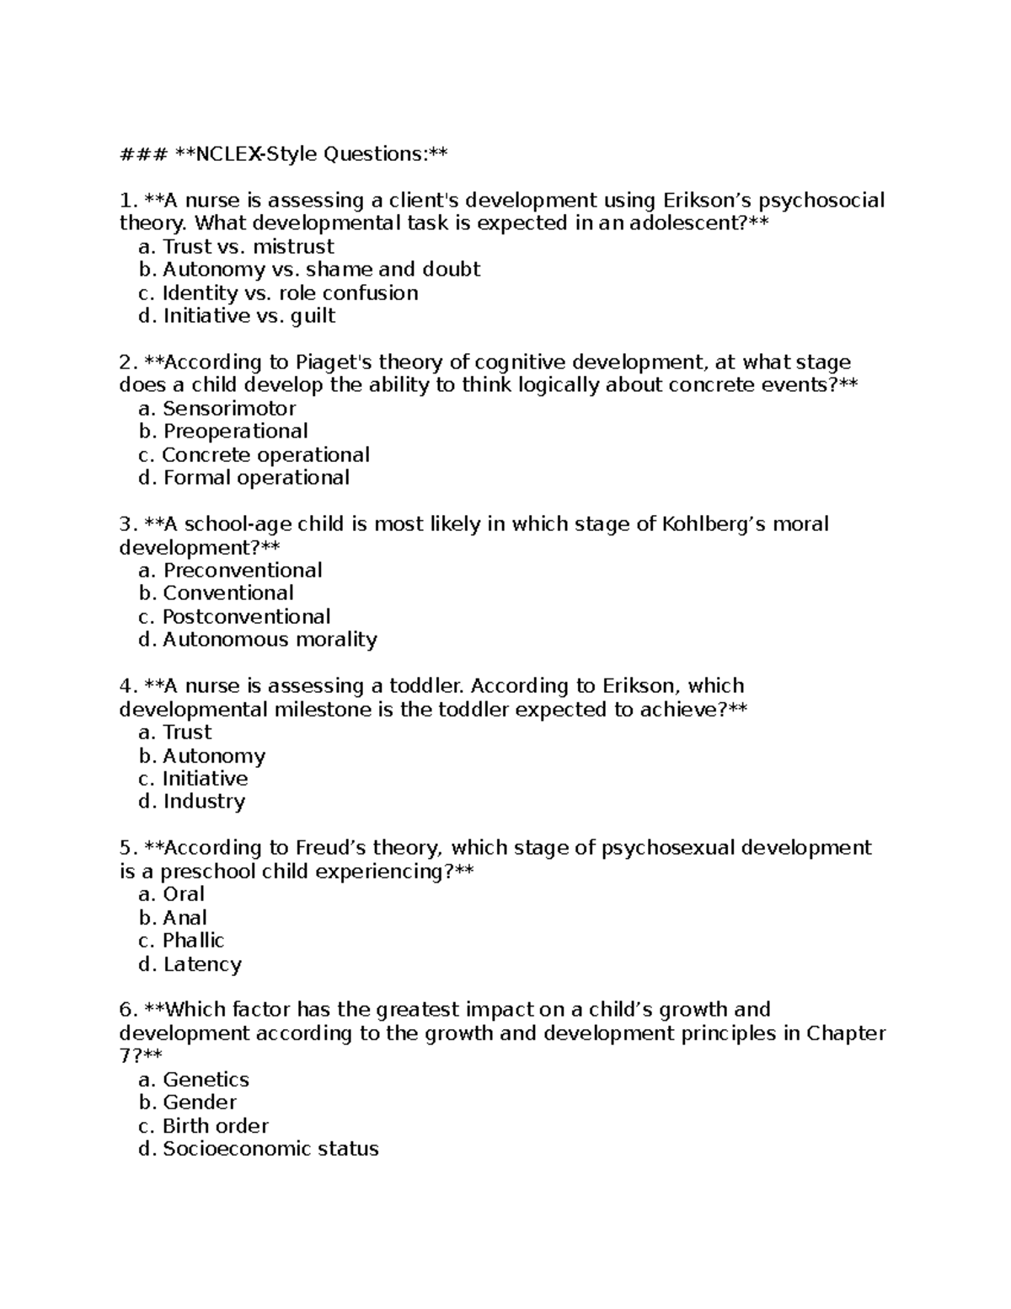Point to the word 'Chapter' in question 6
click(845, 1033)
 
